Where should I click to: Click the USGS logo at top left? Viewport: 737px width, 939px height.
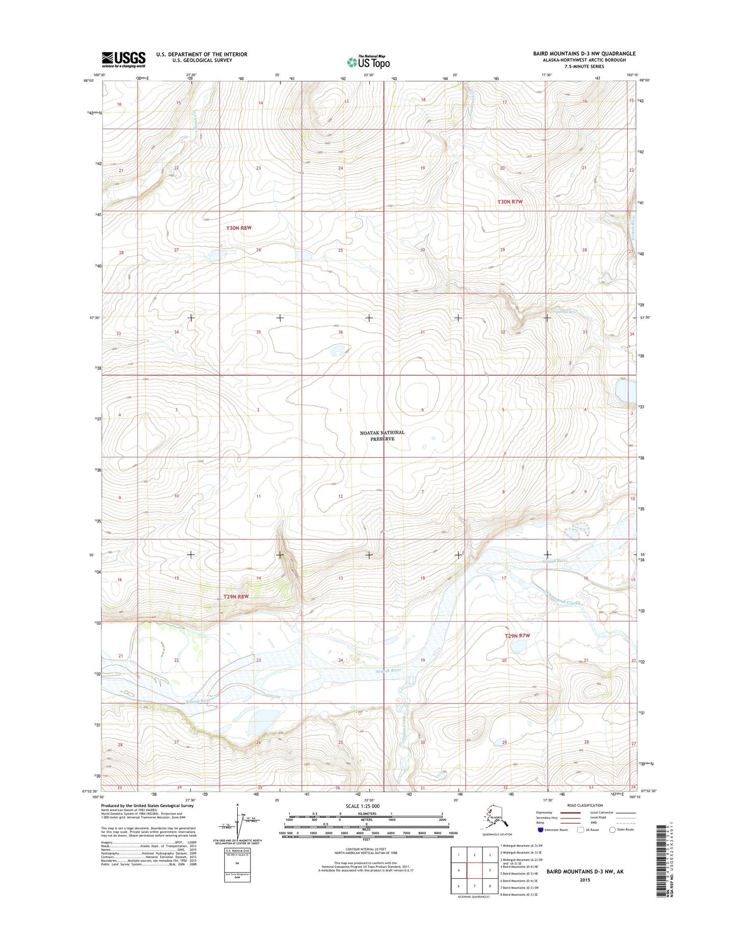[x=123, y=59]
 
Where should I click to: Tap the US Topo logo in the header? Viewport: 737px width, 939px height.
[x=368, y=62]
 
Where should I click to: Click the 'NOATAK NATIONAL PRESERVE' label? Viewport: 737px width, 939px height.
[x=382, y=435]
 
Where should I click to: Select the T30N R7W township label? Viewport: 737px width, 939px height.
[x=510, y=202]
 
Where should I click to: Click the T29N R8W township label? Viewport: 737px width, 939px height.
[x=236, y=596]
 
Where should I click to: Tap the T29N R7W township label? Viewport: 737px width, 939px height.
[x=517, y=636]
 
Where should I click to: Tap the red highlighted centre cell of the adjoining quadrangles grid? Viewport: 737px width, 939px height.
[x=474, y=870]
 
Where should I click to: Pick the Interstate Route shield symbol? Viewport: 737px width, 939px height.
[x=540, y=829]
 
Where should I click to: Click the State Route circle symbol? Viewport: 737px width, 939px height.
[x=612, y=829]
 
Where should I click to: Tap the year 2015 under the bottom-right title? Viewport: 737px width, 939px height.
[x=584, y=880]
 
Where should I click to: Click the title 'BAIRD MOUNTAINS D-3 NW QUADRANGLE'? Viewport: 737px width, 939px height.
[x=584, y=54]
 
